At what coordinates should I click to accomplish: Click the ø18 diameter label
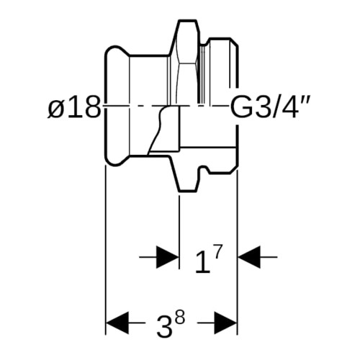(73, 107)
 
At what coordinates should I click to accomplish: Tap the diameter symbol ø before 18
(56, 109)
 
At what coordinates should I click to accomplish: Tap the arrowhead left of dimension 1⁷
(168, 257)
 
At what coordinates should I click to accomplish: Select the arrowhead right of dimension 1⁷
(249, 257)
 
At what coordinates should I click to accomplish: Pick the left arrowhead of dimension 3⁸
(117, 323)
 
